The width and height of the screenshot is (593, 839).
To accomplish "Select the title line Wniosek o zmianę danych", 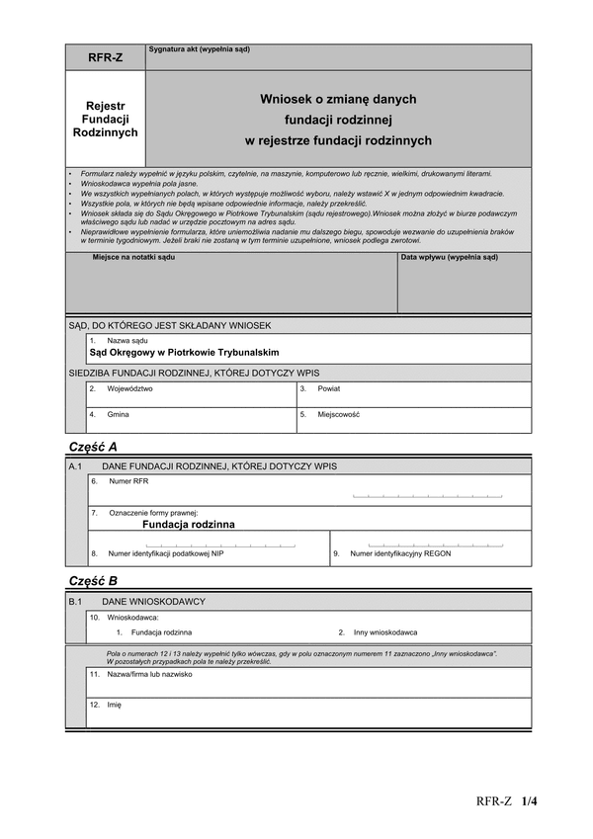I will [338, 99].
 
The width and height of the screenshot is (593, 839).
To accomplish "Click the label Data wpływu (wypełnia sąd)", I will [443, 258].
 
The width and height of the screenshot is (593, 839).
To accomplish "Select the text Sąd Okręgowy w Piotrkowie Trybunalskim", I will [184, 353].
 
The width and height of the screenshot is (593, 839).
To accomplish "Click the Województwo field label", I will [129, 389].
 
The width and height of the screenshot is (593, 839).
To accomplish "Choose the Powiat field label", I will [329, 389].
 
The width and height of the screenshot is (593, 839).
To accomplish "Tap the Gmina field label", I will [118, 415].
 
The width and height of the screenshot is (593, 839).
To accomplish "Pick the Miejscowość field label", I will [339, 415].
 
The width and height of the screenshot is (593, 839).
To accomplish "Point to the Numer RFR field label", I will [128, 481].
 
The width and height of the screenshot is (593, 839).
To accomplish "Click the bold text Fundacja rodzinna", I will [189, 525].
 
